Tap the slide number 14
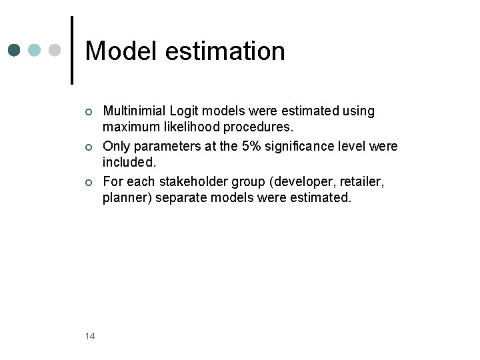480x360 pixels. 90,336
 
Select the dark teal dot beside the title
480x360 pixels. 15,51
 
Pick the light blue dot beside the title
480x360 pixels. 35,51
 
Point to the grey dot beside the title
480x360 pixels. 55,51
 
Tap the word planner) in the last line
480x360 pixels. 127,197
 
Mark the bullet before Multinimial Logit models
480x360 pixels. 89,111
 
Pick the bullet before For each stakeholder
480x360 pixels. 89,181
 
